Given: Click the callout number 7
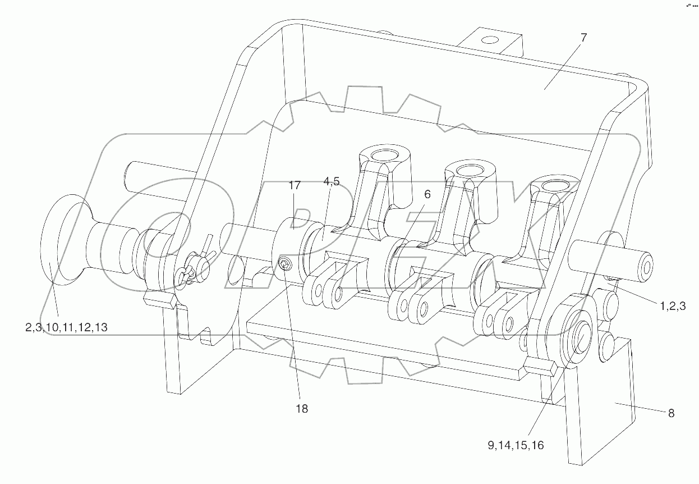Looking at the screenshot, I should coord(583,38).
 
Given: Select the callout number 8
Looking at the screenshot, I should coord(670,413).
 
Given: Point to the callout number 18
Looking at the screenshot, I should coord(301,409).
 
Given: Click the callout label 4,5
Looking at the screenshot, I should coord(331,181).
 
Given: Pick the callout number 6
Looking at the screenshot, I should coord(427,194).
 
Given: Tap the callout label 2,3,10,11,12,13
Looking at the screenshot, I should coord(66,327).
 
